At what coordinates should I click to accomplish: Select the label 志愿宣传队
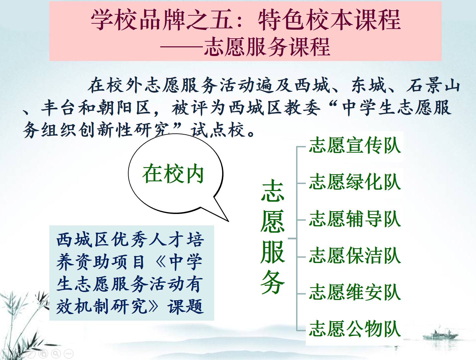pos(355,145)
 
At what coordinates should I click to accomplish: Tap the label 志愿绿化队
pos(355,182)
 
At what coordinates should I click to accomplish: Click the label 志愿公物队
pos(355,329)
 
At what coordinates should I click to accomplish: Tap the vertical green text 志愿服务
pos(272,237)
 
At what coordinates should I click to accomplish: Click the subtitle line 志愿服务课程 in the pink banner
pos(267,47)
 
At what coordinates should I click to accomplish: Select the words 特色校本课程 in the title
pos(329,20)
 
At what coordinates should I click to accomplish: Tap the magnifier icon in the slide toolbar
pos(56,353)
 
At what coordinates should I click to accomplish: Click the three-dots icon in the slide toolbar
pos(69,353)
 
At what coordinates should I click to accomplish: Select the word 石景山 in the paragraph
pos(433,85)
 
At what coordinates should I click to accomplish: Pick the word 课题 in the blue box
pos(186,306)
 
